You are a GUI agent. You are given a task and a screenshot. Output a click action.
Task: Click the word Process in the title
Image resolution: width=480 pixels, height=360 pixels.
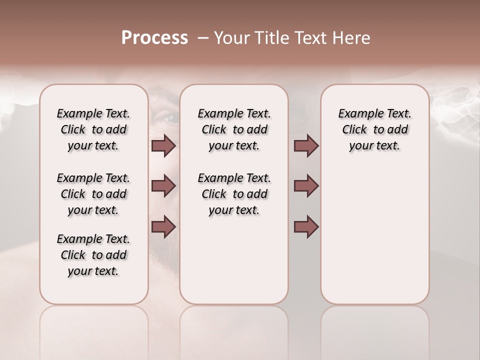(154, 38)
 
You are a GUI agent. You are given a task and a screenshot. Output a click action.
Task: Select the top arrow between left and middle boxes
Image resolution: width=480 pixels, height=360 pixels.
(163, 146)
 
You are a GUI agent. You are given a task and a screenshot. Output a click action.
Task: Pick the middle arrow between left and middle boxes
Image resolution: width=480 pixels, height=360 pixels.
(163, 186)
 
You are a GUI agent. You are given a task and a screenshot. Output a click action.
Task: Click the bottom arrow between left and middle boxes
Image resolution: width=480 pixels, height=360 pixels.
(163, 227)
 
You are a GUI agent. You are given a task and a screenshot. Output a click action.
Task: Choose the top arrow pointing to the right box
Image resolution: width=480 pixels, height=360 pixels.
(306, 146)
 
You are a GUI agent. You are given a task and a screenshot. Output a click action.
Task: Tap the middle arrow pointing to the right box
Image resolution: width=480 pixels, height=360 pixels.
(306, 186)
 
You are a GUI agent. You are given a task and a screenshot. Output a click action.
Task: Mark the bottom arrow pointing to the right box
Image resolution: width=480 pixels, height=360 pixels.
(306, 227)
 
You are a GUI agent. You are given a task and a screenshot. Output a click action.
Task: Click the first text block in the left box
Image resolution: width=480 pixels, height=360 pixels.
(93, 129)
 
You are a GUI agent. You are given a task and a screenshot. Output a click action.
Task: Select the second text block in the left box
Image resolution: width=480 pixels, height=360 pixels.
(93, 194)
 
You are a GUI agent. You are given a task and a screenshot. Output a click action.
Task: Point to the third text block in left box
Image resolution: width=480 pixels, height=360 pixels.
(93, 255)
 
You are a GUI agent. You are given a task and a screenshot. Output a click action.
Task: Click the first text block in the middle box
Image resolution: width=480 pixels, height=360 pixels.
(234, 129)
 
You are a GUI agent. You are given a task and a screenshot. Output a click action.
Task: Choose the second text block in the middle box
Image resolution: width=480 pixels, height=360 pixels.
(234, 194)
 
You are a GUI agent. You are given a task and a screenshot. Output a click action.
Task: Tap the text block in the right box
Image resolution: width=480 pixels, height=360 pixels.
(374, 129)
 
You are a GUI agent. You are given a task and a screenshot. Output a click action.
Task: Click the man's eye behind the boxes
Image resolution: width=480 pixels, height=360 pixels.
(169, 118)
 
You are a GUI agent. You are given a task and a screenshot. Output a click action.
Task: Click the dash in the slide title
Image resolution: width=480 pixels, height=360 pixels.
(203, 38)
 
